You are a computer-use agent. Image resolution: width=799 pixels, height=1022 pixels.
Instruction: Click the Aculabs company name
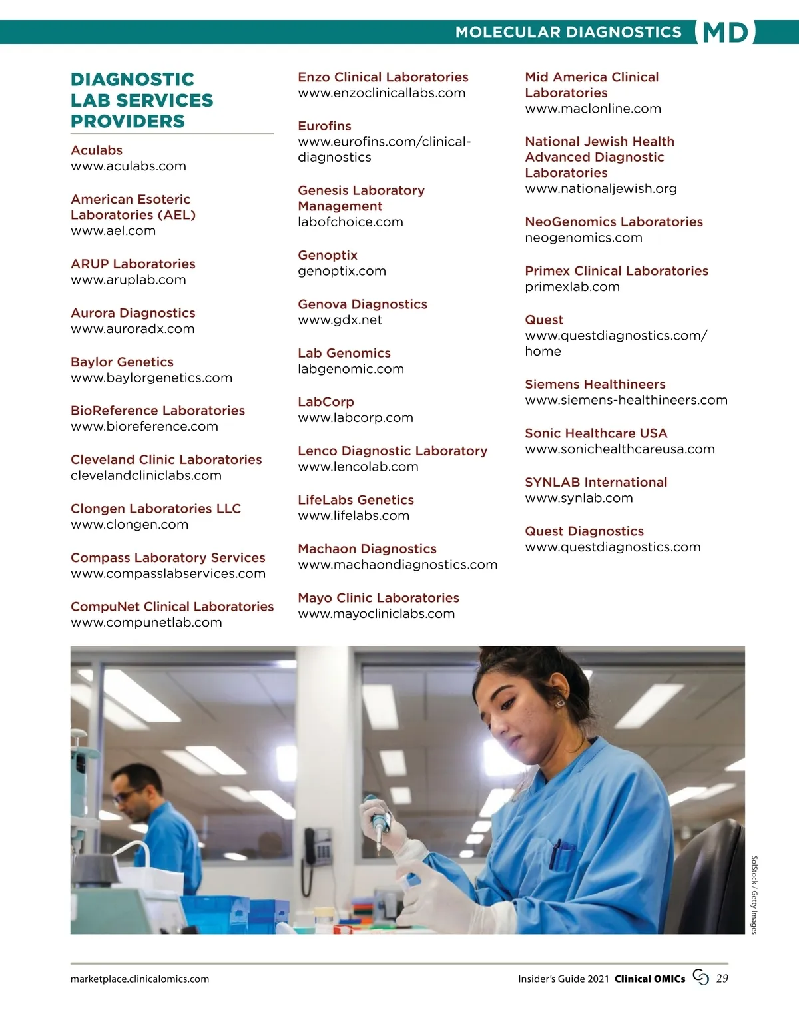point(97,150)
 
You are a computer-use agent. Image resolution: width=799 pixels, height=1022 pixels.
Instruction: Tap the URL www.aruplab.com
point(129,280)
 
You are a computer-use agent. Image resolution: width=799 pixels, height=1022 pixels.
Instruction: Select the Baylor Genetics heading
point(122,362)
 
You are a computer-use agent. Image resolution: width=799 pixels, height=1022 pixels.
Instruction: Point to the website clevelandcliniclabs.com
point(146,475)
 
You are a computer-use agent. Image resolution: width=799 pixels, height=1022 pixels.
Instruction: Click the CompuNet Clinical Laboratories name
point(172,607)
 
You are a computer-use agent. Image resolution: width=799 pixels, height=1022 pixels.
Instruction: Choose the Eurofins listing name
point(324,126)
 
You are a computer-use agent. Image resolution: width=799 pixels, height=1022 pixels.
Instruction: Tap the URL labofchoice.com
point(350,222)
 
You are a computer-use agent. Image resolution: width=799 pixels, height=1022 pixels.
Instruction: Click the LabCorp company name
point(326,402)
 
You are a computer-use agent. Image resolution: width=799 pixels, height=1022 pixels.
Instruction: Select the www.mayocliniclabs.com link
point(376,614)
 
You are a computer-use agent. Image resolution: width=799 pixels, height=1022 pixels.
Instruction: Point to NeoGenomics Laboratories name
point(614,222)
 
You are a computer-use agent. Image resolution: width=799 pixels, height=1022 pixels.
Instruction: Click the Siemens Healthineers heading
point(595,384)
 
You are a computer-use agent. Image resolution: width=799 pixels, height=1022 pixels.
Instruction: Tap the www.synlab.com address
point(579,498)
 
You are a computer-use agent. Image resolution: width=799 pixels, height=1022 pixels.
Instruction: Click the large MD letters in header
point(725,33)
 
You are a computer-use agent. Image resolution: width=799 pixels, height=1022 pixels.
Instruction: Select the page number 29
point(722,979)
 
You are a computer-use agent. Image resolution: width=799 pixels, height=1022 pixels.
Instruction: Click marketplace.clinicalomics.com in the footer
point(140,979)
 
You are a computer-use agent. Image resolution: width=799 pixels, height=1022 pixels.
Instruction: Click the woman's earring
point(559,702)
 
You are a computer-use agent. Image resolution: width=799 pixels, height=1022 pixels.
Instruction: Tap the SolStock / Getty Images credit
point(754,895)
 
